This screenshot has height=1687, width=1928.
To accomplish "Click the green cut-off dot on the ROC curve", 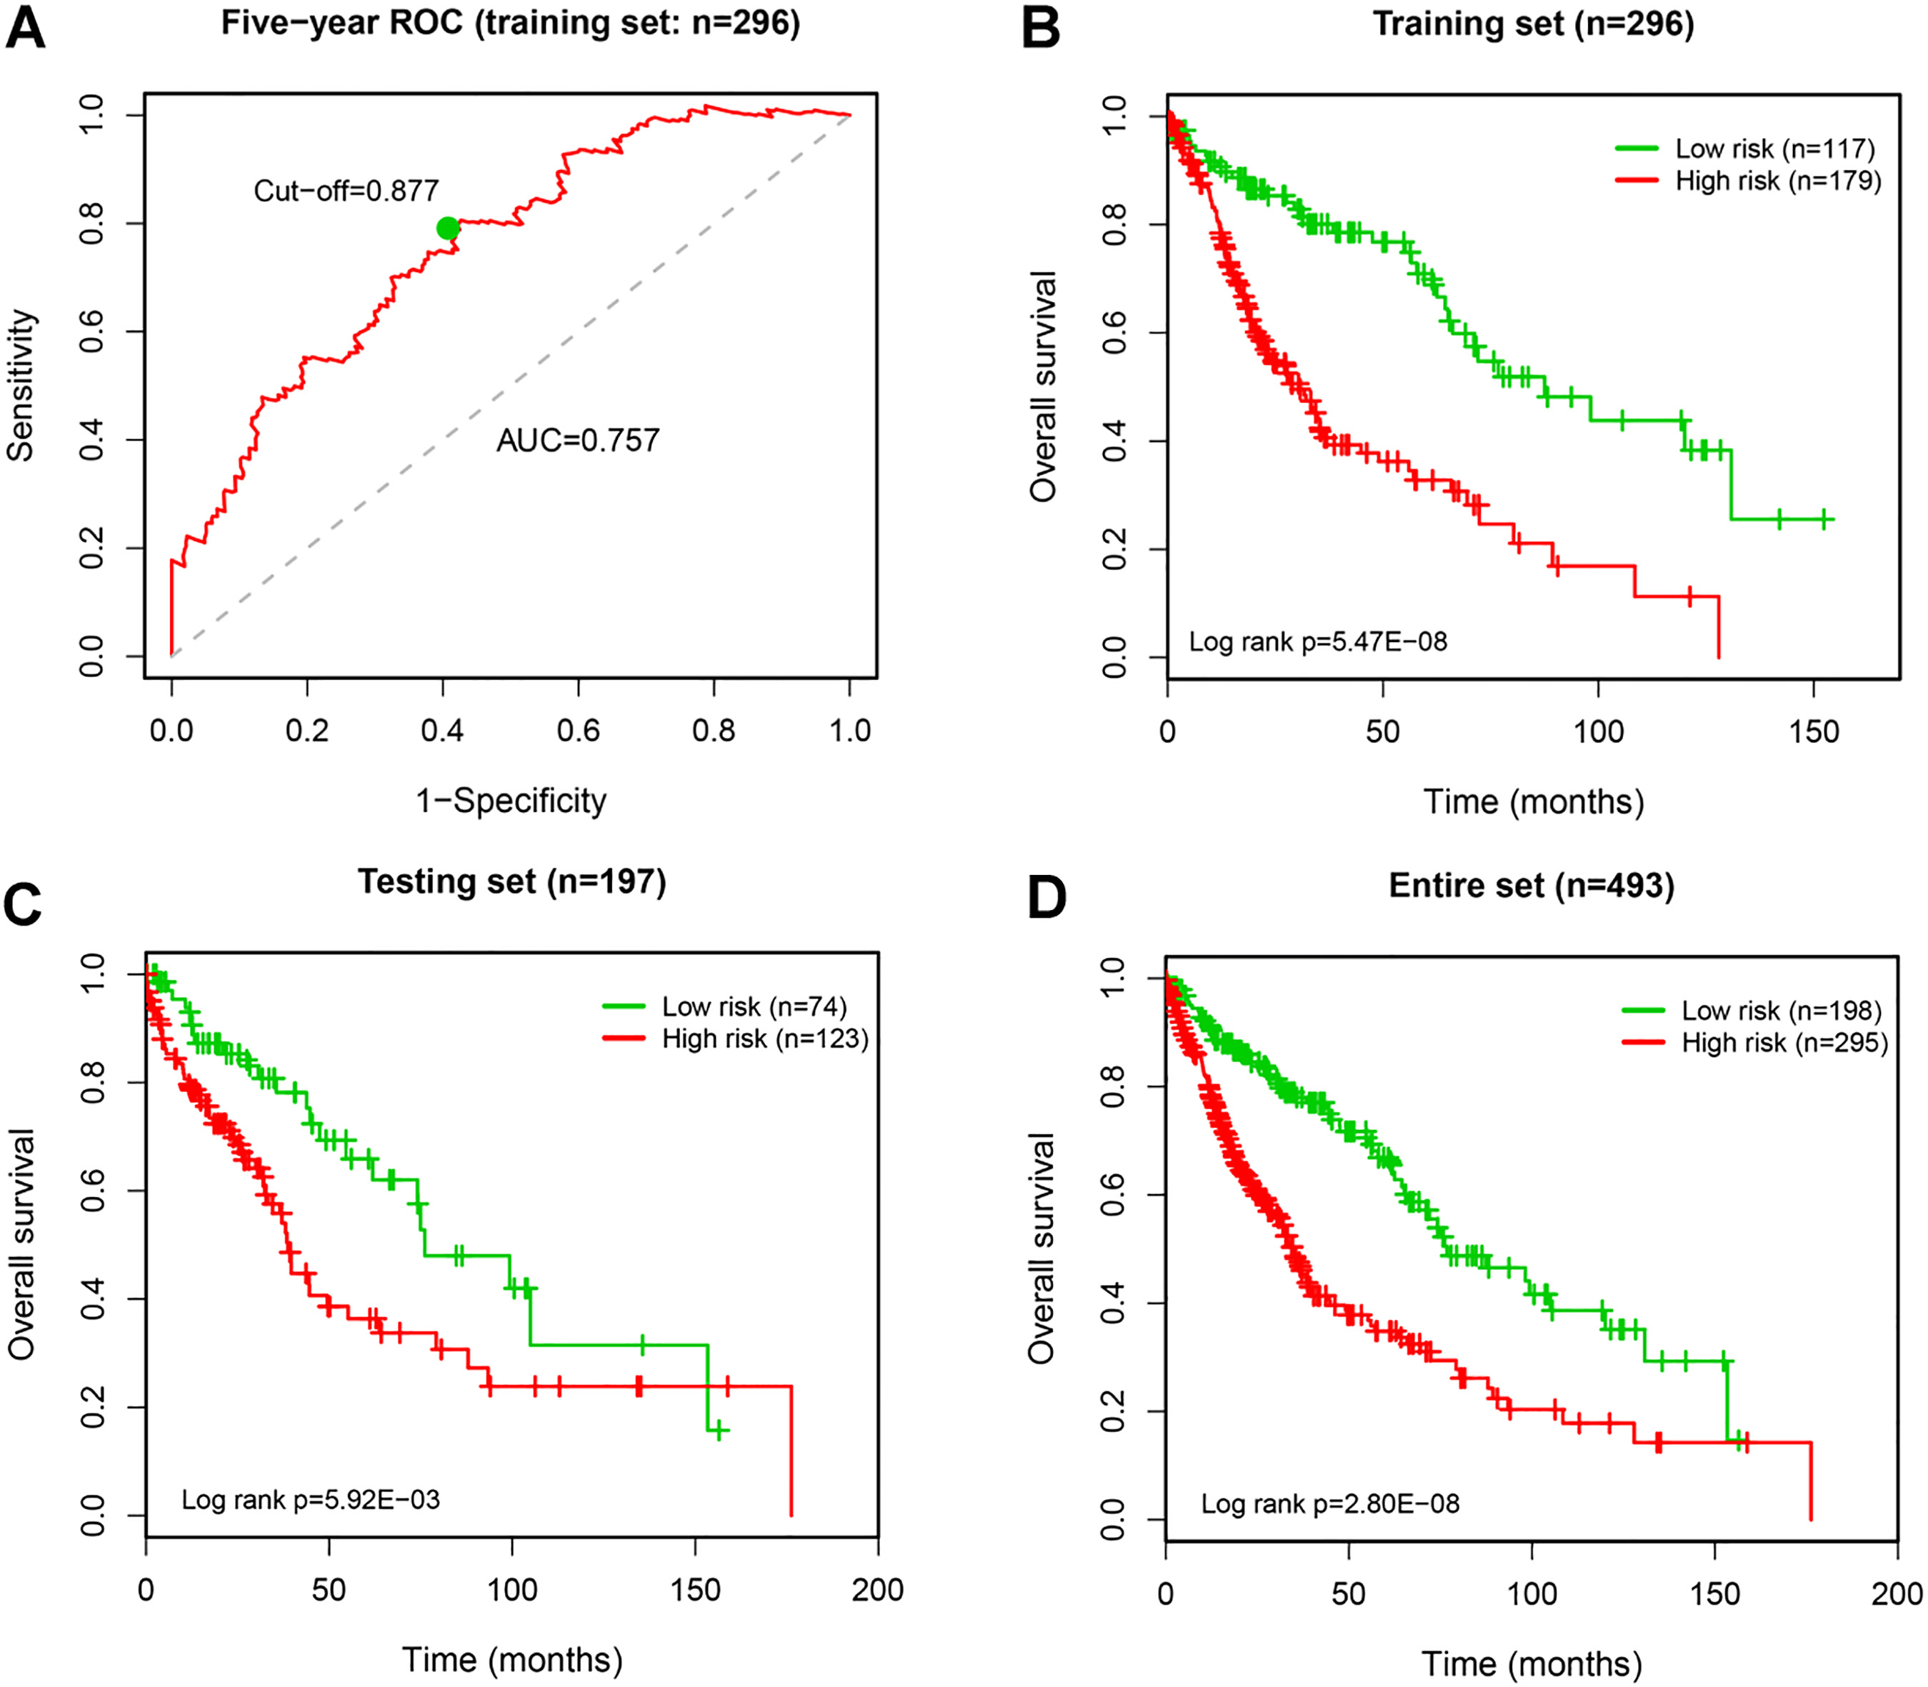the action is point(448,228).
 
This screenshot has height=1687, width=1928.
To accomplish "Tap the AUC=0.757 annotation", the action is point(578,440).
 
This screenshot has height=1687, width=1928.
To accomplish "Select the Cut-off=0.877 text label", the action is point(346,191).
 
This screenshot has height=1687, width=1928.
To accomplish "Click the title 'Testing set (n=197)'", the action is point(512,882).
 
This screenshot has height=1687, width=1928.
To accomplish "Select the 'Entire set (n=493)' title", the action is point(1532,886).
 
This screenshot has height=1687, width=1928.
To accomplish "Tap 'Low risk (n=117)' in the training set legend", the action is point(1774,149).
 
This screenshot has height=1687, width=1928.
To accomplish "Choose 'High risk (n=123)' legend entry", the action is point(765,1038).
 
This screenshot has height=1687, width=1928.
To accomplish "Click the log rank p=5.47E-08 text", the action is point(1318,641).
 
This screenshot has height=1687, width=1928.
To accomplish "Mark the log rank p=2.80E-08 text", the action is point(1330,1503).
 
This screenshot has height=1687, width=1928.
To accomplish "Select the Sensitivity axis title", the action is point(21,385).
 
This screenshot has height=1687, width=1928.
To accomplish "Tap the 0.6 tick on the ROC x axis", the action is point(578,730).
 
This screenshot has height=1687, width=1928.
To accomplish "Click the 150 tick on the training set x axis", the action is point(1813,731).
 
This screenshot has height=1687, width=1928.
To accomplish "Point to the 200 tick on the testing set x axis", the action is point(877,1590).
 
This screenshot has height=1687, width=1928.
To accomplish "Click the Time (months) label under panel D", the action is point(1532,1663).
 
